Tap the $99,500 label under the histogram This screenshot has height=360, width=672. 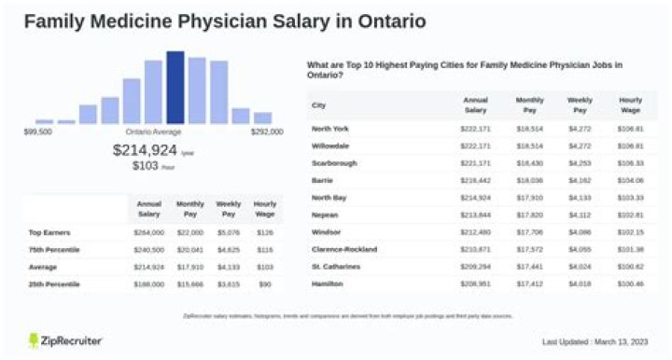tap(37, 132)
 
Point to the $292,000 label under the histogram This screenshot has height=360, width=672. tap(267, 132)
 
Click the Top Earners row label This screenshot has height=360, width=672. tap(49, 232)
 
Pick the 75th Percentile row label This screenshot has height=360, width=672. tap(53, 249)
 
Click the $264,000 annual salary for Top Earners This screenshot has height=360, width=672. tap(149, 232)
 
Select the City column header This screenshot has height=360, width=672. tap(318, 104)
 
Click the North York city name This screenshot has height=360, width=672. tap(329, 128)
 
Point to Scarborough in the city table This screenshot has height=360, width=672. tap(333, 162)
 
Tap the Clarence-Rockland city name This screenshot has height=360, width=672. tap(344, 249)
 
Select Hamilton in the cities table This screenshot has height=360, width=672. tap(327, 284)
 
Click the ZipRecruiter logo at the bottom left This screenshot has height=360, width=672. tap(65, 340)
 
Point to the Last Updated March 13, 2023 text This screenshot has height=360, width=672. tap(598, 342)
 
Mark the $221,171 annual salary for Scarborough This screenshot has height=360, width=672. tap(475, 162)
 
